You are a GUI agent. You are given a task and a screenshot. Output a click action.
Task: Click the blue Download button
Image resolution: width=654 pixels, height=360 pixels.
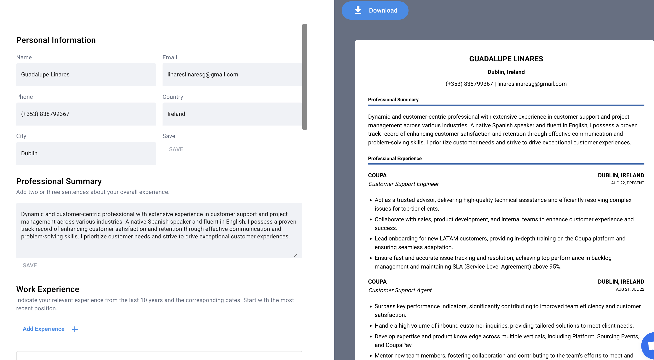tap(375, 10)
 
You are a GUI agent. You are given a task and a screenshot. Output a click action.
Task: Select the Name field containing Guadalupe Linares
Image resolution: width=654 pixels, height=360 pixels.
tap(86, 75)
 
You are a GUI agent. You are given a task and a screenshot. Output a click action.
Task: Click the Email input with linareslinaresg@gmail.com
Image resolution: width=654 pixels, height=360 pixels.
tap(232, 75)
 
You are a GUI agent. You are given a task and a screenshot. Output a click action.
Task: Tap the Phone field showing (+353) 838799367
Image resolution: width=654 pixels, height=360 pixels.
tap(86, 114)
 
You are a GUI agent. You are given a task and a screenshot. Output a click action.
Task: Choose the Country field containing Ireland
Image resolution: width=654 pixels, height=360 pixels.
tap(232, 114)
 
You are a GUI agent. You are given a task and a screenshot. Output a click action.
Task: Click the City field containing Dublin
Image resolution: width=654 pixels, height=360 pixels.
tap(86, 154)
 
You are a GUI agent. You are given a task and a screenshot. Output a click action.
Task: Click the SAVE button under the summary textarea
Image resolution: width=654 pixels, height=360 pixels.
tap(30, 265)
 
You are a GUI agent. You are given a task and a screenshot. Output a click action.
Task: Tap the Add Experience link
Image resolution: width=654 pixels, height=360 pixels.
tap(43, 329)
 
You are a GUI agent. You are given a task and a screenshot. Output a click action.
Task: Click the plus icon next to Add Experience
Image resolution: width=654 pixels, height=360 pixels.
tap(75, 329)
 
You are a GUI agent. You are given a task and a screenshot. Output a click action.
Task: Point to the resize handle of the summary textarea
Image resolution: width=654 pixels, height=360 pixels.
tap(295, 256)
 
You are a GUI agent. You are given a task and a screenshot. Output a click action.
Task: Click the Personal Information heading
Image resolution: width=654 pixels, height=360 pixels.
tap(56, 40)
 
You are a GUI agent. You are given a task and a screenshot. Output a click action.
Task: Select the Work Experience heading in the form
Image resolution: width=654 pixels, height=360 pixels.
tap(48, 289)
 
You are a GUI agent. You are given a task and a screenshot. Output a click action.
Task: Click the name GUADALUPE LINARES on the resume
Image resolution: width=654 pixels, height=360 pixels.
tap(506, 59)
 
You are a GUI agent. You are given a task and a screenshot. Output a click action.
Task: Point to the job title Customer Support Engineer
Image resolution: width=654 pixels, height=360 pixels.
tap(403, 184)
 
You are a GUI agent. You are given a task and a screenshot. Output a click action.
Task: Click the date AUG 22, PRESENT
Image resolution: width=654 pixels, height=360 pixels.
tap(627, 183)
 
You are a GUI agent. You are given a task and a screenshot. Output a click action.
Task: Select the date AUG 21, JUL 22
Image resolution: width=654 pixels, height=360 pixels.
tap(630, 289)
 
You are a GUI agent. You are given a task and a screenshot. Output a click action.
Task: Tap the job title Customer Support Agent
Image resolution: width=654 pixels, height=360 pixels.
tap(400, 290)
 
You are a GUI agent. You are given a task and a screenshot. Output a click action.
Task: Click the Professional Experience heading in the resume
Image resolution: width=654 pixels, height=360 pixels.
tap(395, 159)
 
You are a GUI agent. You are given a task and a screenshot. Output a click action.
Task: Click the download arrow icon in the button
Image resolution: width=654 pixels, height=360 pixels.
tap(358, 10)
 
